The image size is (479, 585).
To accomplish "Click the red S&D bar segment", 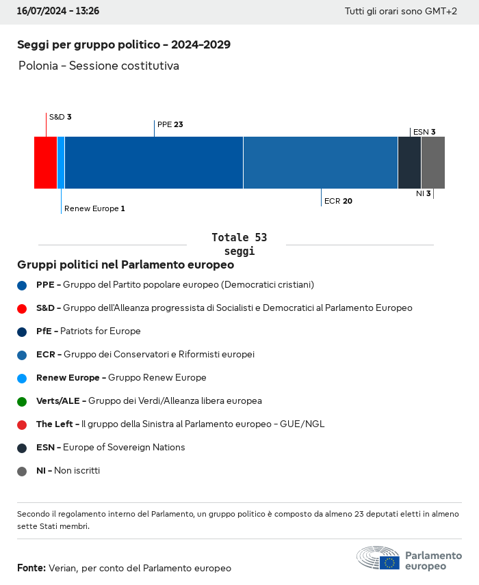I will click(x=45, y=163).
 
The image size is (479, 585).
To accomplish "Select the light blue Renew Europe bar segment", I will click(x=61, y=163).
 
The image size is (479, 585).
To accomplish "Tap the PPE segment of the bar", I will click(x=154, y=163).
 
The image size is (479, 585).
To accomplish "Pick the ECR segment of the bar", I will click(x=320, y=163).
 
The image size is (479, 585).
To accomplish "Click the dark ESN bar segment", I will click(x=409, y=163).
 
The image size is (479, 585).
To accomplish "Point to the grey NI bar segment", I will click(x=433, y=163).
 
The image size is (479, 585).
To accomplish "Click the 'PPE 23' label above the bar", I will click(x=170, y=125).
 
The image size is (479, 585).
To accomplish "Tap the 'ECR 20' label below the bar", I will click(x=338, y=202).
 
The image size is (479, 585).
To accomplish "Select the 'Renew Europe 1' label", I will click(x=94, y=208).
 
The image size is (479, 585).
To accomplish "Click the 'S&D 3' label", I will click(x=60, y=117).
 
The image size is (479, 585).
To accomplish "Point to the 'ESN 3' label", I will click(x=424, y=132).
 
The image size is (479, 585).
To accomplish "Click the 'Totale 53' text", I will click(x=239, y=238).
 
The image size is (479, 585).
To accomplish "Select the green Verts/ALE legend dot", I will click(x=22, y=401).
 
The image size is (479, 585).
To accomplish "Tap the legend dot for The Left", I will click(x=22, y=424).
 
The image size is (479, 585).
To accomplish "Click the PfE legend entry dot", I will click(x=22, y=331).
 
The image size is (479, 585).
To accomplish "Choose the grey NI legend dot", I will click(x=22, y=471).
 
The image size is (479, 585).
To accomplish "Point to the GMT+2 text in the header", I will click(x=440, y=12).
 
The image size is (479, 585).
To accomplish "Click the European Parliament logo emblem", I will click(x=378, y=558).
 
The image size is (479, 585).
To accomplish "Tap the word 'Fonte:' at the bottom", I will click(x=31, y=568).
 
